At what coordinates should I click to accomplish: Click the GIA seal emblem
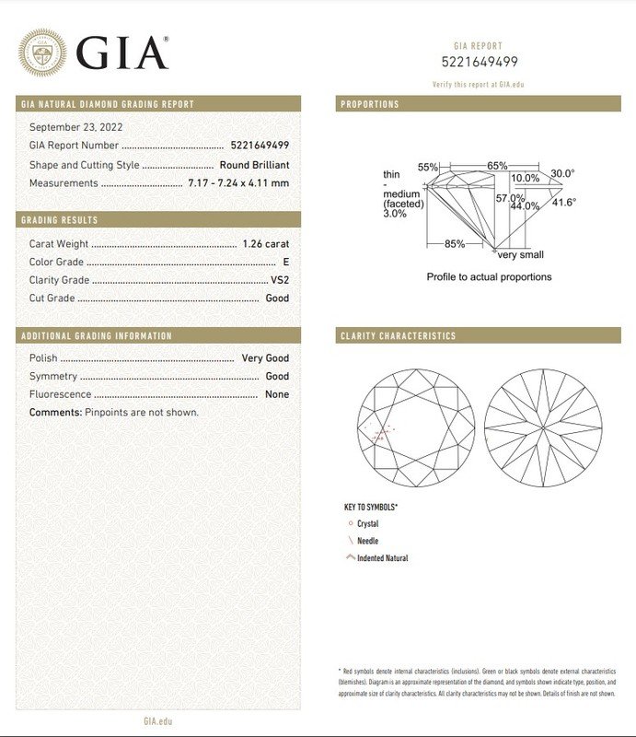[x=42, y=52]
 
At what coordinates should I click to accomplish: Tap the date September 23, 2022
[x=76, y=127]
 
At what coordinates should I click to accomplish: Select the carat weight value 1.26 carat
[x=265, y=244]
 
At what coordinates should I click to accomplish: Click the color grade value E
[x=285, y=263]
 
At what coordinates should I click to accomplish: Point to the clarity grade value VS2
[x=280, y=280]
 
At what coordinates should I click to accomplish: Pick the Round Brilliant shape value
[x=254, y=165]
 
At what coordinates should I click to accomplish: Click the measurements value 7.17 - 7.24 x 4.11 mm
[x=238, y=182]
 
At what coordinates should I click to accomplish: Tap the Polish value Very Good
[x=265, y=358]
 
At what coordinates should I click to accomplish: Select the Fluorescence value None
[x=277, y=394]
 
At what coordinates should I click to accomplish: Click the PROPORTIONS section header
[x=370, y=104]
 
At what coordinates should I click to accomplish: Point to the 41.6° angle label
[x=563, y=203]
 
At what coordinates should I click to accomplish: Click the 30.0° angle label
[x=562, y=173]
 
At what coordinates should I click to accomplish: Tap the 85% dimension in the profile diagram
[x=455, y=244]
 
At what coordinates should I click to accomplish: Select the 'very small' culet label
[x=520, y=255]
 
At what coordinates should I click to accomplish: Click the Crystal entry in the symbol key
[x=367, y=524]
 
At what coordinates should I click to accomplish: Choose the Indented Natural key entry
[x=382, y=558]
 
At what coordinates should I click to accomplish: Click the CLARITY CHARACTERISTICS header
[x=398, y=336]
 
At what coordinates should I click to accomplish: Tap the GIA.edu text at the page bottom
[x=158, y=723]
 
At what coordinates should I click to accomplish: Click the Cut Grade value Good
[x=277, y=298]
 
